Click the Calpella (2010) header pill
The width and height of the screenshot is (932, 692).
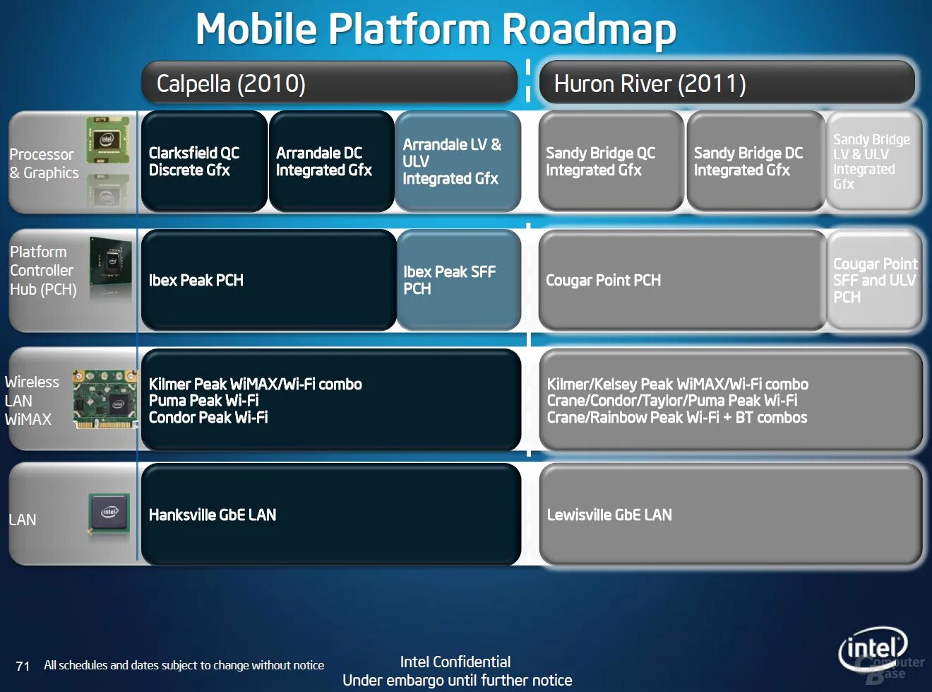[x=329, y=83]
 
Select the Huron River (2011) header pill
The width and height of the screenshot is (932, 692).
[x=726, y=83]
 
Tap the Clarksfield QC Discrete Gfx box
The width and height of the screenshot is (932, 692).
[x=204, y=161]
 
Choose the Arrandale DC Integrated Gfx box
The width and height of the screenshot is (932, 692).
[x=331, y=161]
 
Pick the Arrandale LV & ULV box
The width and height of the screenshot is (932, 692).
[x=458, y=161]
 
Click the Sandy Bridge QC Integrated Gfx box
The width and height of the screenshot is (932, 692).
[x=611, y=161]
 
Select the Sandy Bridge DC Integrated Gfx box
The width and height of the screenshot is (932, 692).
[x=755, y=161]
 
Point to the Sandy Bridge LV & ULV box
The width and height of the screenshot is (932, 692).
[x=873, y=161]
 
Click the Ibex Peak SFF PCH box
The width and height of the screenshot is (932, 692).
[x=458, y=280]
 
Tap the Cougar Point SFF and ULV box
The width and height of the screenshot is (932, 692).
[x=874, y=280]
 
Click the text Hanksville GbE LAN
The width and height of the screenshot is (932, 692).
[x=213, y=515]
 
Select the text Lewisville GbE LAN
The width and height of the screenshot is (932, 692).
[x=609, y=515]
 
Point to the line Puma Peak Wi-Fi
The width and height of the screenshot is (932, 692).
[x=203, y=400]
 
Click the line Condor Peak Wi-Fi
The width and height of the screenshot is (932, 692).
[x=208, y=417]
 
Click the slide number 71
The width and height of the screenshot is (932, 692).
[x=23, y=666]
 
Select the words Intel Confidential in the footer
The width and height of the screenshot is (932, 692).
[x=455, y=662]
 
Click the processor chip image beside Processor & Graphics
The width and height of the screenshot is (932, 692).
[x=107, y=139]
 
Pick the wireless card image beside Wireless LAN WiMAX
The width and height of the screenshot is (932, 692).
[x=105, y=399]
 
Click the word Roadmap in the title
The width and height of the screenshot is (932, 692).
[x=589, y=30]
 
